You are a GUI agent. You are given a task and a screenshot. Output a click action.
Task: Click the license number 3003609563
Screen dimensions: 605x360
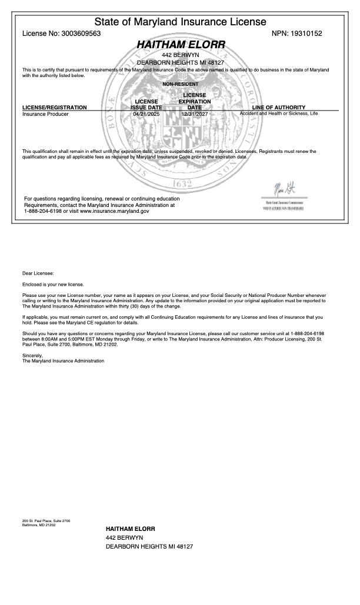point(79,34)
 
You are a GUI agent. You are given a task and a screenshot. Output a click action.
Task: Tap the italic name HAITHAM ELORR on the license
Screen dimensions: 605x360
point(181,45)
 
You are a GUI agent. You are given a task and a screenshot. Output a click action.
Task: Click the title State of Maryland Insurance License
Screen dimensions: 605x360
point(180,22)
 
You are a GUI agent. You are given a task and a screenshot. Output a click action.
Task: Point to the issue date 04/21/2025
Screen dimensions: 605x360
point(146,114)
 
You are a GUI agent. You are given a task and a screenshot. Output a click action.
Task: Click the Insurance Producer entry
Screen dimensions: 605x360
point(45,114)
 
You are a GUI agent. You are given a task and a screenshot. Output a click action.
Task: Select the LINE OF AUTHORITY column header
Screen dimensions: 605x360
point(278,108)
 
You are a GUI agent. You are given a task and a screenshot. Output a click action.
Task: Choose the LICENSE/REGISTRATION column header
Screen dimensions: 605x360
point(54,108)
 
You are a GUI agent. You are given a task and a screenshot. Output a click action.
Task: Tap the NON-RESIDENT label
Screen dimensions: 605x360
point(180,85)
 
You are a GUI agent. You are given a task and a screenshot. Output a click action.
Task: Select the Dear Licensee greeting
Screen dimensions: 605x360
point(38,273)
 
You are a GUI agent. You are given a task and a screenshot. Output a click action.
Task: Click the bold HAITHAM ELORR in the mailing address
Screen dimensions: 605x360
point(131,529)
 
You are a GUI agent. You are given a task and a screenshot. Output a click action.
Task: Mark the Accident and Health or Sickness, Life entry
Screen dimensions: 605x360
point(279,113)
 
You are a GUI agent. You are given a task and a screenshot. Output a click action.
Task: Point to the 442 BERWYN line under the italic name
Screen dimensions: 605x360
point(180,55)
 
